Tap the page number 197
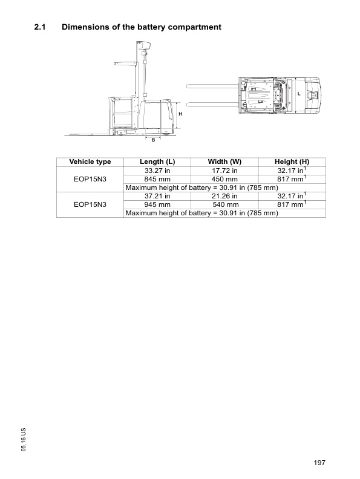click(320, 463)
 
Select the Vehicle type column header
click(90, 162)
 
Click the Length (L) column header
click(157, 162)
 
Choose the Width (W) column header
click(224, 162)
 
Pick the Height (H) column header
click(292, 162)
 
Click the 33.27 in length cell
click(157, 171)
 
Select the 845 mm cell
click(157, 179)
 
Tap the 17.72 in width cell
click(224, 171)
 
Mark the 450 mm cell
click(224, 179)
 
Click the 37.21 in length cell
click(157, 197)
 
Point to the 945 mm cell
click(157, 205)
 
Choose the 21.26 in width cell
click(224, 197)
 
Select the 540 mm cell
click(224, 205)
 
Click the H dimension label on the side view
click(179, 114)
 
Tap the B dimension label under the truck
click(153, 140)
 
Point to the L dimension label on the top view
click(298, 94)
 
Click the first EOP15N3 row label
click(90, 179)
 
